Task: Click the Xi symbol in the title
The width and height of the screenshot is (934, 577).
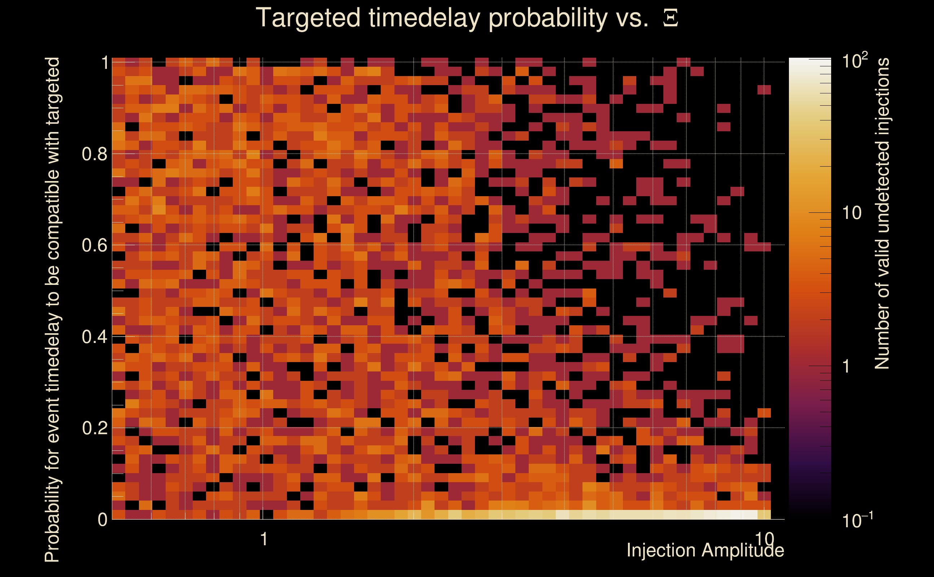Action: coord(671,18)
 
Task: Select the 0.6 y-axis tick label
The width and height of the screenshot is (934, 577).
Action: coord(95,245)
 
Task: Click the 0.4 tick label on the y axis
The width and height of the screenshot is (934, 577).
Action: coord(95,336)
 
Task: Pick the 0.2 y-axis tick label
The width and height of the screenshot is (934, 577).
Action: coord(95,428)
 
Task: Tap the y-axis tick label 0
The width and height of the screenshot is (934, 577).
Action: coord(103,519)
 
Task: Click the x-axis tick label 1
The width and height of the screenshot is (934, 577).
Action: coord(263,539)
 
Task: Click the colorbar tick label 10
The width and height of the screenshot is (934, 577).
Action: coord(851,213)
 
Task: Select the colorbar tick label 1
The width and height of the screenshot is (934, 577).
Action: coord(847,366)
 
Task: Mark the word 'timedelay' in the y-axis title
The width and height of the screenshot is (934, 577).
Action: coord(53,361)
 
